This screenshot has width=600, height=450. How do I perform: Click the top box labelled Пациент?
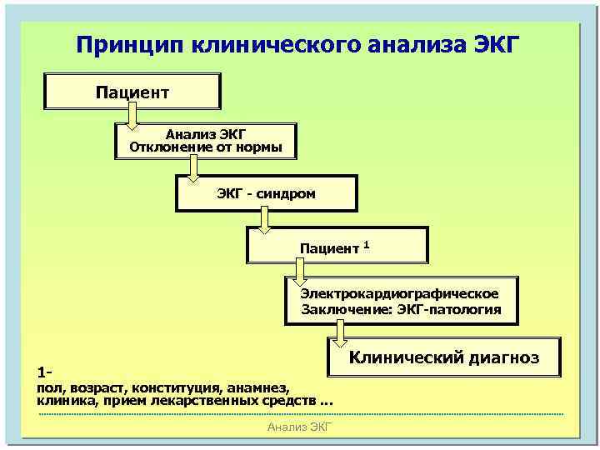(x=132, y=91)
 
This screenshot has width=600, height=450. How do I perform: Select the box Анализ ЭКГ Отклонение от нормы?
(x=205, y=141)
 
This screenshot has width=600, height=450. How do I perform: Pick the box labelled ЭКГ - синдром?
(x=266, y=193)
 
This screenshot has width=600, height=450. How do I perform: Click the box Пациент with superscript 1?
(x=337, y=246)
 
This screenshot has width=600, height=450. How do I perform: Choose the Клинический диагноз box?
(x=442, y=357)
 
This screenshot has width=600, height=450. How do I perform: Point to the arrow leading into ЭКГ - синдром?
(x=193, y=171)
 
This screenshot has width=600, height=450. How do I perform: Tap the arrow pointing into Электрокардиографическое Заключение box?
(x=301, y=272)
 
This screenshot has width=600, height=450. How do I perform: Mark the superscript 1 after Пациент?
(x=367, y=242)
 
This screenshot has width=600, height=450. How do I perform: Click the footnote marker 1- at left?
(x=45, y=371)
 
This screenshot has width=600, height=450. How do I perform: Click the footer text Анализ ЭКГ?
(x=300, y=427)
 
